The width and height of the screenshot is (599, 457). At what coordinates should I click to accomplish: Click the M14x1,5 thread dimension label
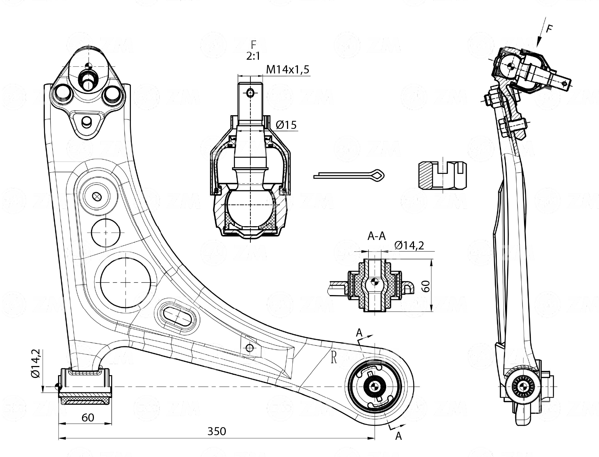click(287, 70)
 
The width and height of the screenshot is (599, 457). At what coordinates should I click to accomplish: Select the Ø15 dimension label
click(286, 125)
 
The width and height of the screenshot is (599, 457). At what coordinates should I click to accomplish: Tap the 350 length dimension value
click(216, 431)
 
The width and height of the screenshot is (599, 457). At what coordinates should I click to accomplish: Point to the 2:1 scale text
click(253, 56)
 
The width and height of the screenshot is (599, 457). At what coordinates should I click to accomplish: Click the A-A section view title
click(376, 236)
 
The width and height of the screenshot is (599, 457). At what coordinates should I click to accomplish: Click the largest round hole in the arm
click(126, 282)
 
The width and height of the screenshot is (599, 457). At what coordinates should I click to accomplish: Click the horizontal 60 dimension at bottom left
click(88, 417)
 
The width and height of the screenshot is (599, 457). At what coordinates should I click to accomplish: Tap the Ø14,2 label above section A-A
click(409, 245)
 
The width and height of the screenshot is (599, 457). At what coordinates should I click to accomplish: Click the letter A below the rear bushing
click(399, 436)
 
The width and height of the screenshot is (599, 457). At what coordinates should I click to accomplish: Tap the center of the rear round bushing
click(374, 386)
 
